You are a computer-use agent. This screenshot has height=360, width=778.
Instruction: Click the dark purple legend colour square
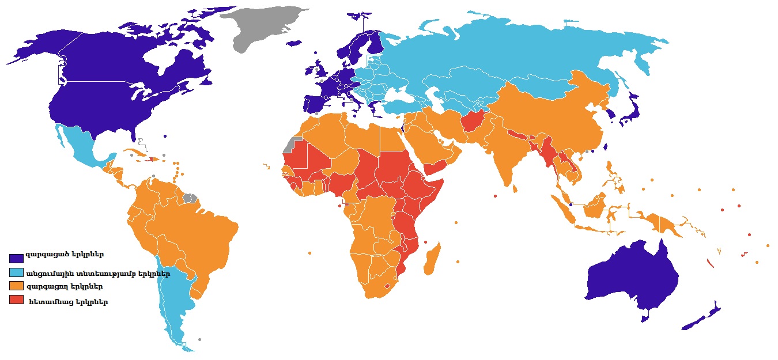(x=16, y=257)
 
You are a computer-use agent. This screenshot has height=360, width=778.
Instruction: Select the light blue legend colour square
(x=16, y=272)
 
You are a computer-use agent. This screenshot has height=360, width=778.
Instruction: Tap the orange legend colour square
(x=16, y=286)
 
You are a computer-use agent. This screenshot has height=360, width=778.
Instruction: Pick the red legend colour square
(x=16, y=300)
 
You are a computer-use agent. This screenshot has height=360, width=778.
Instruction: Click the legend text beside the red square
(x=67, y=301)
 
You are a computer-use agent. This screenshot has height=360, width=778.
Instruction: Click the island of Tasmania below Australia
(x=645, y=316)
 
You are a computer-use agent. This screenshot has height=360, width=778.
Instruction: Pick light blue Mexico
(x=81, y=147)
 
